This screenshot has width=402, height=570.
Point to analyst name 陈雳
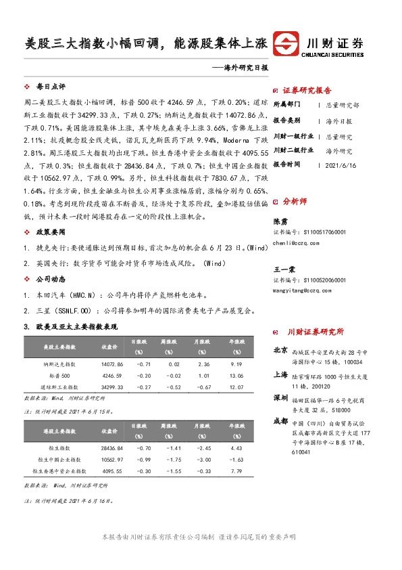(279, 221)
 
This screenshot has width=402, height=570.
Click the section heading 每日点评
(50, 87)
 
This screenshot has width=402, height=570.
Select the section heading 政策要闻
(50, 232)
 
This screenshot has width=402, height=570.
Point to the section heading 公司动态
(50, 278)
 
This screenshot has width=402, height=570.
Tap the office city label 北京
(280, 351)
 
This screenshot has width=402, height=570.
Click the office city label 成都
(280, 420)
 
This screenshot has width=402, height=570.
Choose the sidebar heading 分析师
(295, 201)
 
